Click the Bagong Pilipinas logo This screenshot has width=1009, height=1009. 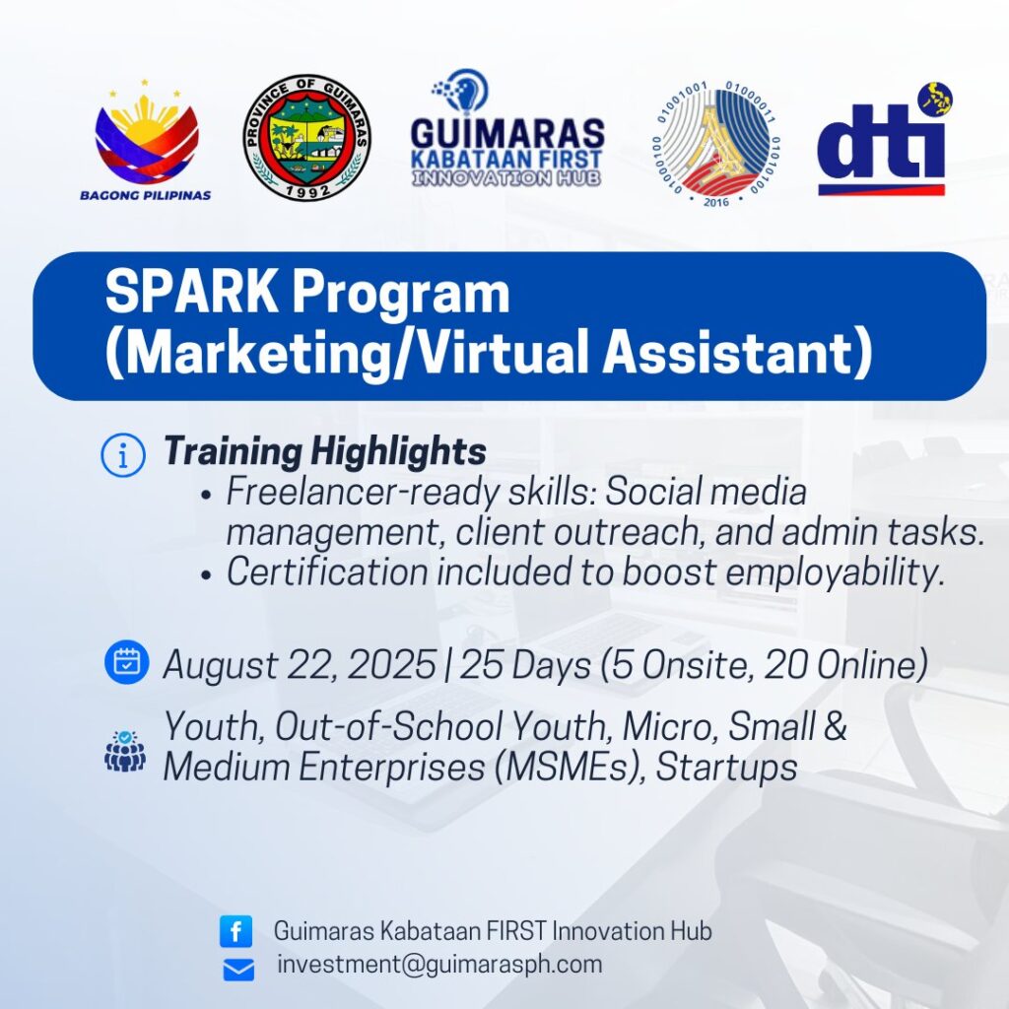pos(146,141)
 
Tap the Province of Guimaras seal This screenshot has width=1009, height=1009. pos(307,137)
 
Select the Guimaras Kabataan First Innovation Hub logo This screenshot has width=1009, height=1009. pos(507,128)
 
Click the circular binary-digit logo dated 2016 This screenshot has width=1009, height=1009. pos(716,144)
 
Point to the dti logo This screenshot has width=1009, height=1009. pos(884,138)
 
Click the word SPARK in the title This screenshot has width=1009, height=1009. pos(191,293)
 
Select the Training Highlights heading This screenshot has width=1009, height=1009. pos(325,450)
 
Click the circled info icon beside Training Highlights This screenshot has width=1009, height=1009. pos(123,455)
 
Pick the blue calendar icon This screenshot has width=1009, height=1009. pos(127,661)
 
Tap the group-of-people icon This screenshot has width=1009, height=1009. pos(125,750)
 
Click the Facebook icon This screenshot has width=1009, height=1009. pos(236,931)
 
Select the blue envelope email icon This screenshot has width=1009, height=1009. pos(238,970)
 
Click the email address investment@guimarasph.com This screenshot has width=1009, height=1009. pos(439,964)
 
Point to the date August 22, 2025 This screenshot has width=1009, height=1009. pos(300,665)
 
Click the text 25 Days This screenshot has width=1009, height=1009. pos(525,665)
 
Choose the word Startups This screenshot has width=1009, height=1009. pos(726,768)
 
